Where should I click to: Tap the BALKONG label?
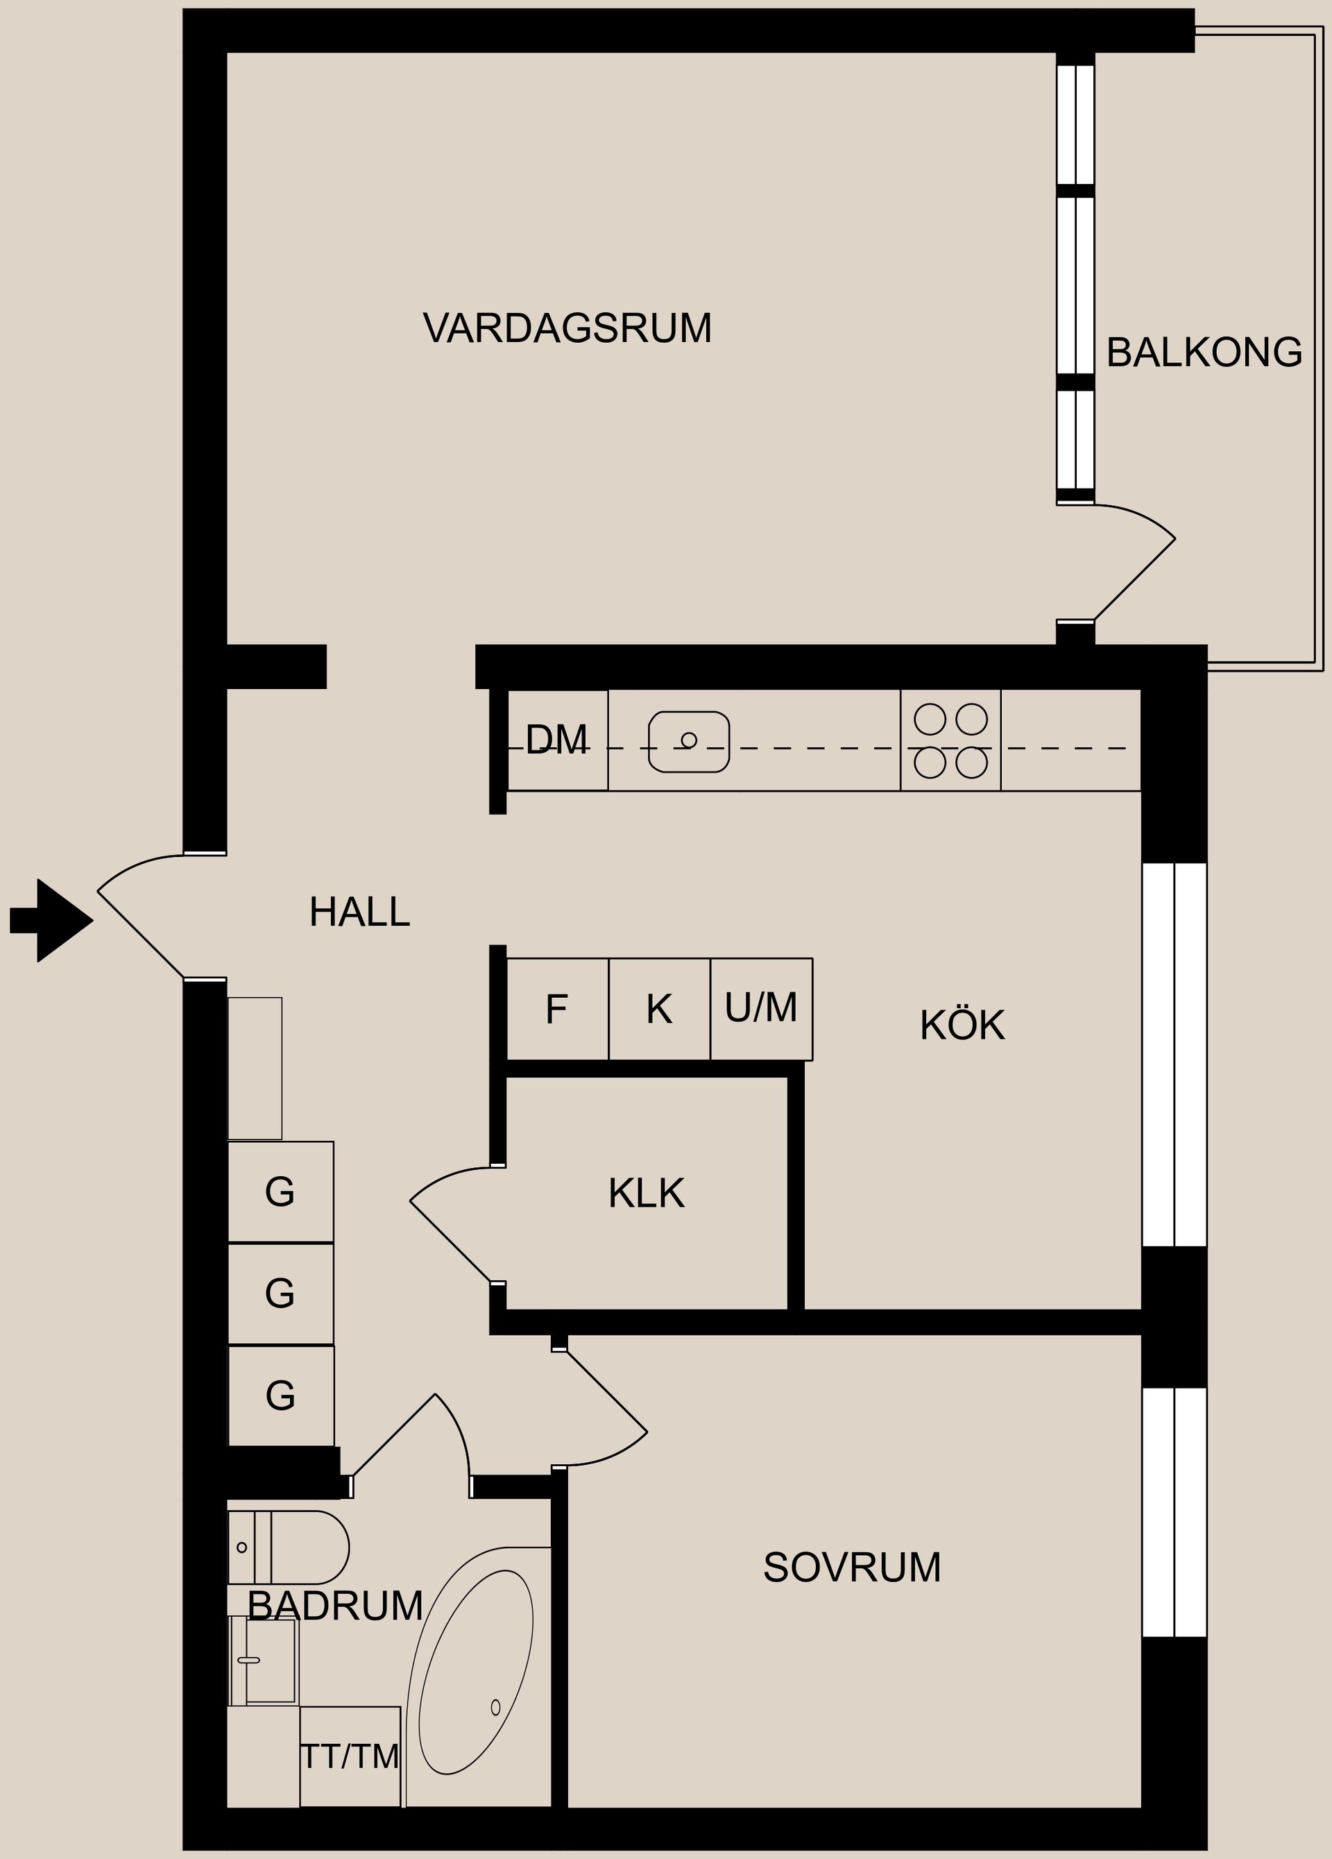[x=1203, y=353]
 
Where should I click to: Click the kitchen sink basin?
[x=688, y=741]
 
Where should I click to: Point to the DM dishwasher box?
[x=557, y=740]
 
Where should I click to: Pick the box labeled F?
[x=557, y=1009]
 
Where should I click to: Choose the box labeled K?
[x=659, y=1009]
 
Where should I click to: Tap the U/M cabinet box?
[x=760, y=1009]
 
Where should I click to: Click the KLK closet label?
[x=646, y=1194]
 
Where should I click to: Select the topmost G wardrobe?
[x=280, y=1191]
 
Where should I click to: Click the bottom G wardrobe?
[x=280, y=1395]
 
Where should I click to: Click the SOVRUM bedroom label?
[x=852, y=1567]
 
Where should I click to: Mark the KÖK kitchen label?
[x=962, y=1026]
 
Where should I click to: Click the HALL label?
[x=359, y=912]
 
